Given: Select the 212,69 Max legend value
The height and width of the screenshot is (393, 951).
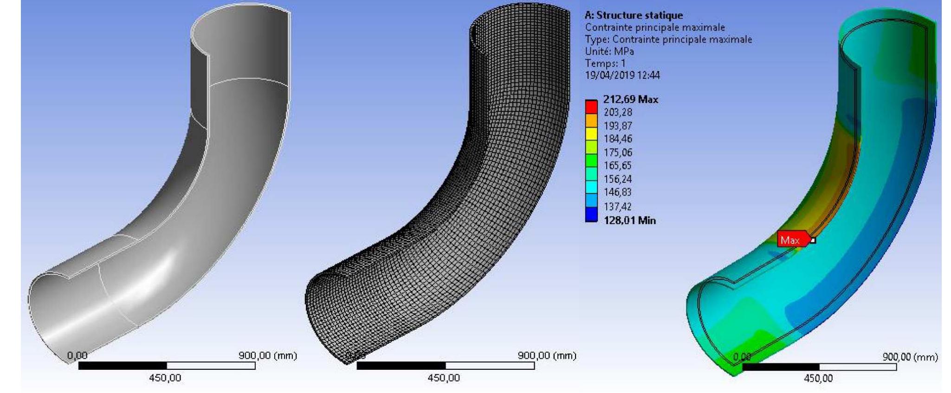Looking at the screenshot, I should [x=630, y=99].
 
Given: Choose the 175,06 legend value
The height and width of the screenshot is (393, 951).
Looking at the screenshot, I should [x=618, y=152].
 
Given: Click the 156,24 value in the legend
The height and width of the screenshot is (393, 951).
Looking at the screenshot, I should [x=618, y=179].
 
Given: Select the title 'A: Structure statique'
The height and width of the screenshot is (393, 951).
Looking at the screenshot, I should [x=634, y=16].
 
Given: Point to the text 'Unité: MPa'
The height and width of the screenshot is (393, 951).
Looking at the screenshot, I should [x=609, y=51].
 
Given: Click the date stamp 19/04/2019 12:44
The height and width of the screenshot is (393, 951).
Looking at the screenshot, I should [x=622, y=75].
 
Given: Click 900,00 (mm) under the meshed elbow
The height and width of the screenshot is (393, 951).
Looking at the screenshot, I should [x=547, y=356].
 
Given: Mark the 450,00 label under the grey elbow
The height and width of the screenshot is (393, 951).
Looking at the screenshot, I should [x=165, y=378].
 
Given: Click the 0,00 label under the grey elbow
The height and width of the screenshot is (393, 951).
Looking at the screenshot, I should [x=77, y=356].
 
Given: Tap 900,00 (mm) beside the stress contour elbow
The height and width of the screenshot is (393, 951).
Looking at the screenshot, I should [x=910, y=357].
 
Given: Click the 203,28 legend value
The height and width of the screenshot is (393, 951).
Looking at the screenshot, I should [x=618, y=112].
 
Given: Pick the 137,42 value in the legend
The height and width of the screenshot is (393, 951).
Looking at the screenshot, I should [x=618, y=206].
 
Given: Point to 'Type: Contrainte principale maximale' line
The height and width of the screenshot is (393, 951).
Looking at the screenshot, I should [x=668, y=39].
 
